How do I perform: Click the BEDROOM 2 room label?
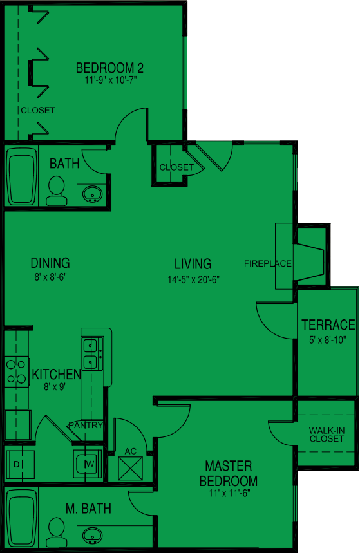pos(109,68)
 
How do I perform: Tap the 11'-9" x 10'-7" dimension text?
pos(111,80)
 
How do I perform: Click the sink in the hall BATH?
pos(93,192)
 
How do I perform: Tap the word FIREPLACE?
pos(268,263)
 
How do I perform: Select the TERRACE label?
pos(328,325)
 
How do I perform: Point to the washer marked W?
pos(87,463)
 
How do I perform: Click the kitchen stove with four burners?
pos(16,371)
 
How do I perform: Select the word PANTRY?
pos(86,425)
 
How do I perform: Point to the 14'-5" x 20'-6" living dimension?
pos(193,280)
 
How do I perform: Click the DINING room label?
pos(50,263)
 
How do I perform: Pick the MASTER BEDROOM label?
pos(228,473)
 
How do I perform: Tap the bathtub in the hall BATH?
pos(22,176)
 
